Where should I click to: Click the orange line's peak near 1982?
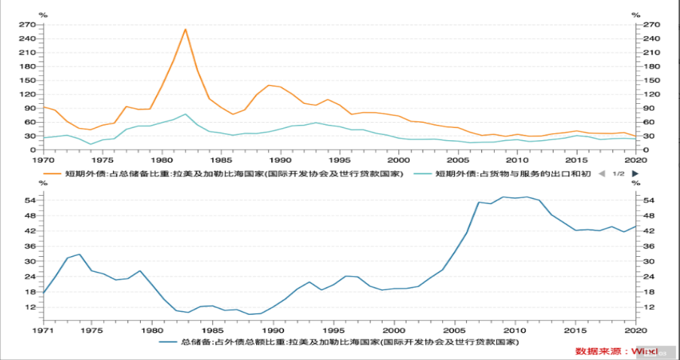coord(185,29)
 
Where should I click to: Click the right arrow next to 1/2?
coord(636,174)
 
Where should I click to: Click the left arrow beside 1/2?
coord(601,174)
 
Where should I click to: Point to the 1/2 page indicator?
coord(618,174)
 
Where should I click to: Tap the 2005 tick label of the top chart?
coord(456,160)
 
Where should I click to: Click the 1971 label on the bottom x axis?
coord(43,329)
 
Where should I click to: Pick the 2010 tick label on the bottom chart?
coord(514,329)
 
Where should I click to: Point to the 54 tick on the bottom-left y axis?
coord(31,200)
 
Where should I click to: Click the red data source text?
coord(616,352)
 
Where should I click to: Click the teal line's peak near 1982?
coord(185,114)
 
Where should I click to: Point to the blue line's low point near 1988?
coord(250,314)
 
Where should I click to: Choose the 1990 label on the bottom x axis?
coord(273,329)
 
